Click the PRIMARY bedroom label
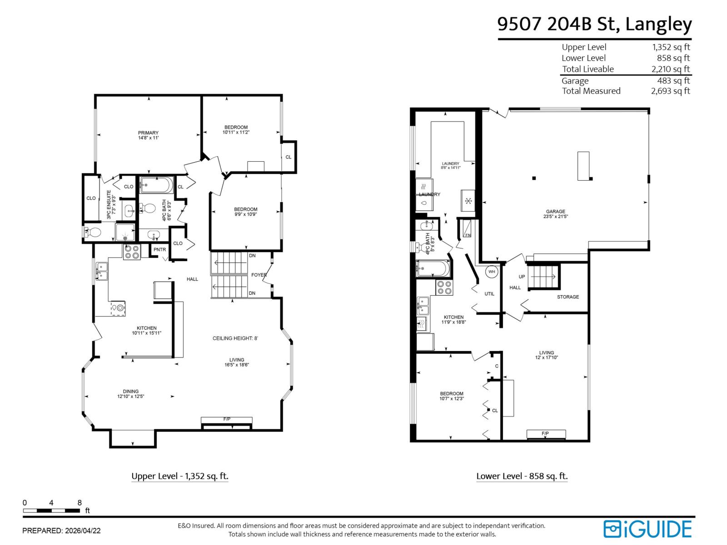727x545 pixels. [148, 133]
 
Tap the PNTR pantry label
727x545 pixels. [159, 250]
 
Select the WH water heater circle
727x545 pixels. [491, 272]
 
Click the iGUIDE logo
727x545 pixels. [647, 529]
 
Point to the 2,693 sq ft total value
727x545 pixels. [670, 91]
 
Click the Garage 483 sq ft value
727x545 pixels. [673, 81]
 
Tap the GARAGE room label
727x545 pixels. [555, 212]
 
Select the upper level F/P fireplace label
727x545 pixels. [227, 419]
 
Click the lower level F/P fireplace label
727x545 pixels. [545, 434]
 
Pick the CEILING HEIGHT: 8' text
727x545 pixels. [235, 338]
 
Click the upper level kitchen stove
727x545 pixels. [132, 252]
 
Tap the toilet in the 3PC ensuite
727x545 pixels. [93, 233]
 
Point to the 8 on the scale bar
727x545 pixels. [80, 503]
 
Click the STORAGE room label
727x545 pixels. [568, 297]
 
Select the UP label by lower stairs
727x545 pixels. [522, 277]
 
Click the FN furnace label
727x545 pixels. [468, 235]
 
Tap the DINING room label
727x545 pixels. [130, 391]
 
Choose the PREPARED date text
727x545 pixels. [61, 530]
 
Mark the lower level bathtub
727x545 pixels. [433, 268]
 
